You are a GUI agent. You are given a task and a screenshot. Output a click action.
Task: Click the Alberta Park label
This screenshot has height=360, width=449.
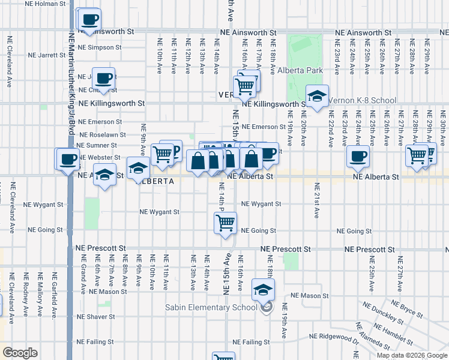300,70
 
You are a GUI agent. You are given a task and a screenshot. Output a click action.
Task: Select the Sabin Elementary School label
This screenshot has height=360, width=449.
206,308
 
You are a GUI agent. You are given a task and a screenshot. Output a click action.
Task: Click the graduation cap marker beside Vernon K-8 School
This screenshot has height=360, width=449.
317,96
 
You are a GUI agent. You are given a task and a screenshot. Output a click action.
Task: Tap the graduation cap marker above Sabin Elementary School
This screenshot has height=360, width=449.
262,290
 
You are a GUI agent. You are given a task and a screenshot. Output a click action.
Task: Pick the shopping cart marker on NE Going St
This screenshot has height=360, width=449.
225,223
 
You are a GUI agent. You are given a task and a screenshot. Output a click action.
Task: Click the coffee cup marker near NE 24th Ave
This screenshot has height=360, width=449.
358,157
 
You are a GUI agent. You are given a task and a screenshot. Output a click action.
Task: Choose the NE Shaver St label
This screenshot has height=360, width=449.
95,316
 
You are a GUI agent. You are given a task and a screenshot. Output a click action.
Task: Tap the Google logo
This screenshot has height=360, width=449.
20,353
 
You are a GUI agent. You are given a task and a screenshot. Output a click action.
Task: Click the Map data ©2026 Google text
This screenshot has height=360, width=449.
411,355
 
